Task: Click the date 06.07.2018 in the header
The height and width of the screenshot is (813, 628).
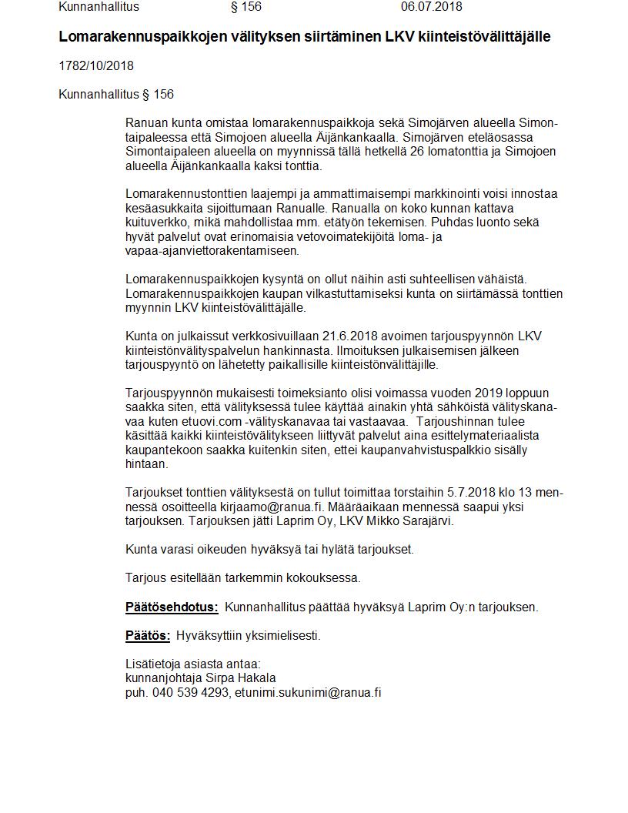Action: click(431, 7)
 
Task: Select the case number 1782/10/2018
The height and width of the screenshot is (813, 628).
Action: click(96, 66)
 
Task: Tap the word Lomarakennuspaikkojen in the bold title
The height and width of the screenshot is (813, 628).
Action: click(132, 37)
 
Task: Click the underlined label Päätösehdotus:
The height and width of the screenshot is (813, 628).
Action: click(172, 607)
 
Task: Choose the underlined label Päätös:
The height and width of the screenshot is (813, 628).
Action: click(148, 636)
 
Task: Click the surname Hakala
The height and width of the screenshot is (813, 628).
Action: click(258, 678)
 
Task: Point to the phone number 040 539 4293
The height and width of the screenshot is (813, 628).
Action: click(190, 692)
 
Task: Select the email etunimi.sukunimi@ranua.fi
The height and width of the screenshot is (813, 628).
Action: click(308, 692)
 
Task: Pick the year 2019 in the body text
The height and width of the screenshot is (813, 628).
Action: click(485, 393)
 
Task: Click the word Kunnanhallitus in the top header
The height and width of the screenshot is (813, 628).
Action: click(99, 7)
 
